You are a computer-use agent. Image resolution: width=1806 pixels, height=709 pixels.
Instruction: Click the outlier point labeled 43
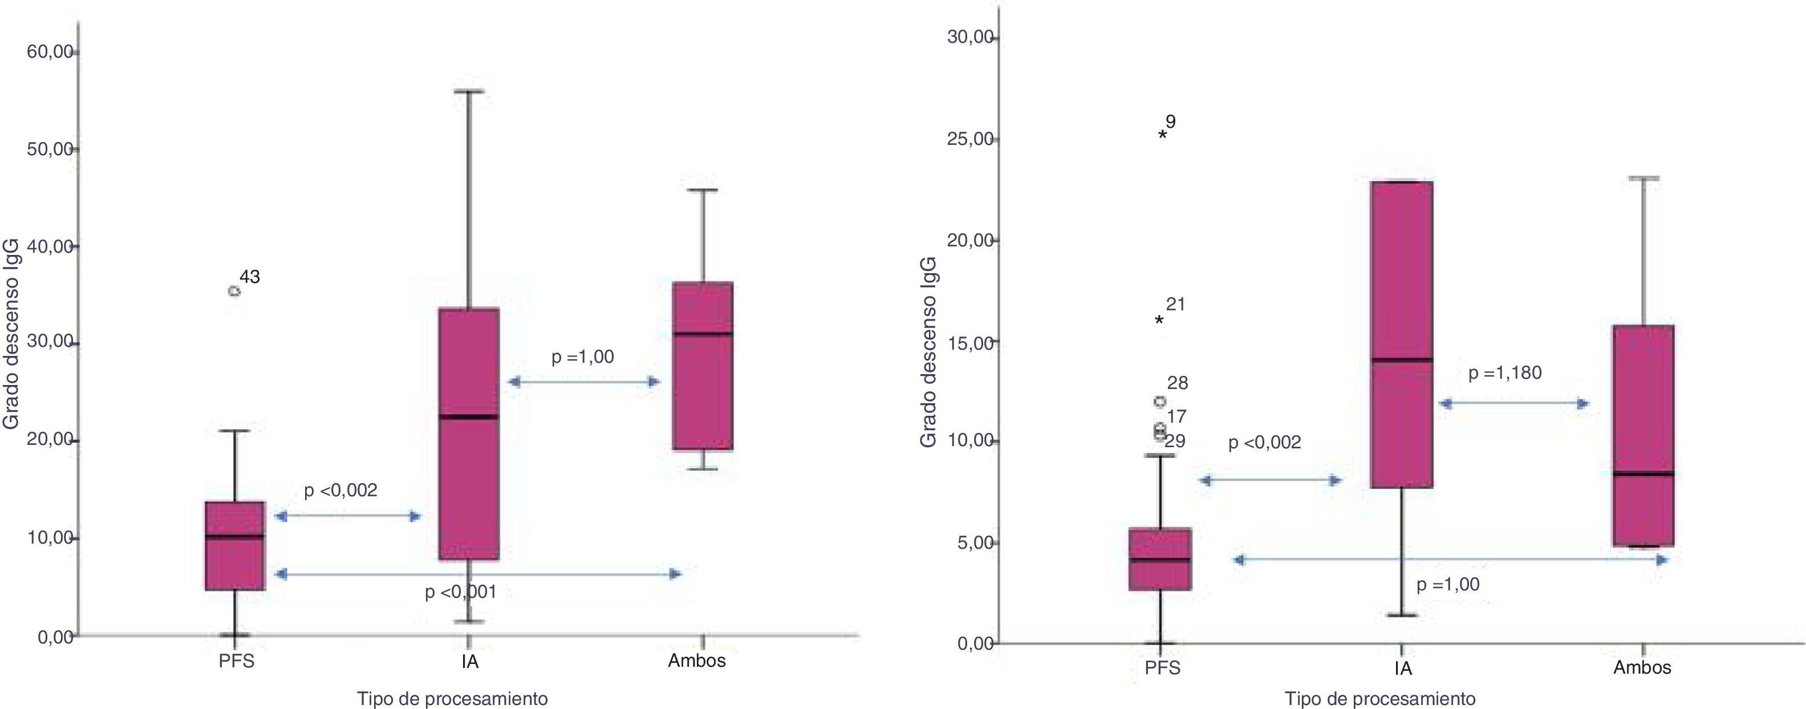pyautogui.click(x=234, y=291)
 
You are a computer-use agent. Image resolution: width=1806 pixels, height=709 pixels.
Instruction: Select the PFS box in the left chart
pyautogui.click(x=234, y=546)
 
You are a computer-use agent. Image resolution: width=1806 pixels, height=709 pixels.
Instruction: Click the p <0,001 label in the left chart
pyautogui.click(x=461, y=592)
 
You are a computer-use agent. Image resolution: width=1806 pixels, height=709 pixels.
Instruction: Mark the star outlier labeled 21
pyautogui.click(x=1159, y=321)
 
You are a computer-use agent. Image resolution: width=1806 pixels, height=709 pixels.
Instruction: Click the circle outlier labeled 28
pyautogui.click(x=1160, y=402)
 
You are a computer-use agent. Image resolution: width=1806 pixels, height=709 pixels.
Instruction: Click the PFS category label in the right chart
pyautogui.click(x=1162, y=667)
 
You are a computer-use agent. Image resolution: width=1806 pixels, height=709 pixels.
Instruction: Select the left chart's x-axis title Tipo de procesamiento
pyautogui.click(x=452, y=699)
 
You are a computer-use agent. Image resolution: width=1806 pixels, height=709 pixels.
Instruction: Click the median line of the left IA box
pyautogui.click(x=469, y=416)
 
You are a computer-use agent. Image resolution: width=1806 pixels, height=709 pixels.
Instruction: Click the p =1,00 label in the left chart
pyautogui.click(x=583, y=357)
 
